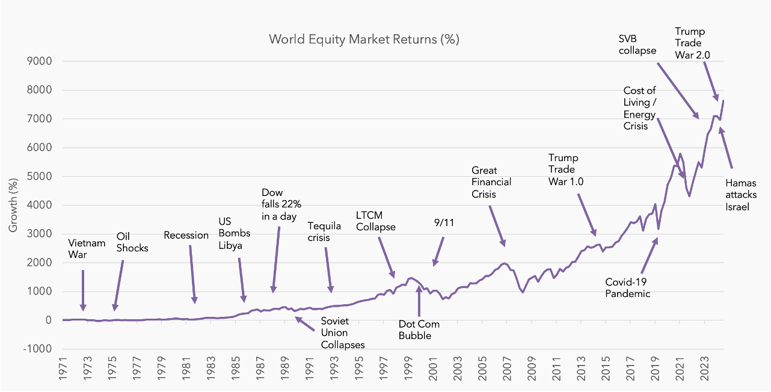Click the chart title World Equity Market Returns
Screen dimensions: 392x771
coord(364,40)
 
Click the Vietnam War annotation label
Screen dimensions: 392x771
coord(87,248)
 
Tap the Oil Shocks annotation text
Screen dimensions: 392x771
coord(132,242)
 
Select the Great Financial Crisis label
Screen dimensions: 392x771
coord(491,182)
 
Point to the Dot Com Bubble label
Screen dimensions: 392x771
coord(419,329)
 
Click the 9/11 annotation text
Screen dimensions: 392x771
coord(443,222)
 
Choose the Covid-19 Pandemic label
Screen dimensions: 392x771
coord(628,287)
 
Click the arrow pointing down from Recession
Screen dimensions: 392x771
coord(192,274)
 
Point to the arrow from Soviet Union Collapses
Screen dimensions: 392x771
coord(304,324)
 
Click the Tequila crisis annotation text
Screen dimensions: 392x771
coord(324,231)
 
